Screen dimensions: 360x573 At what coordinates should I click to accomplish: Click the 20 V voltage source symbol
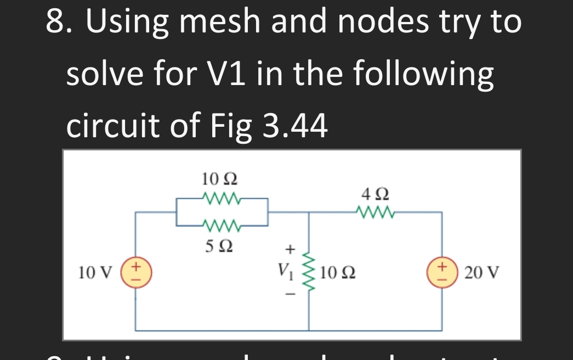click(442, 272)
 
